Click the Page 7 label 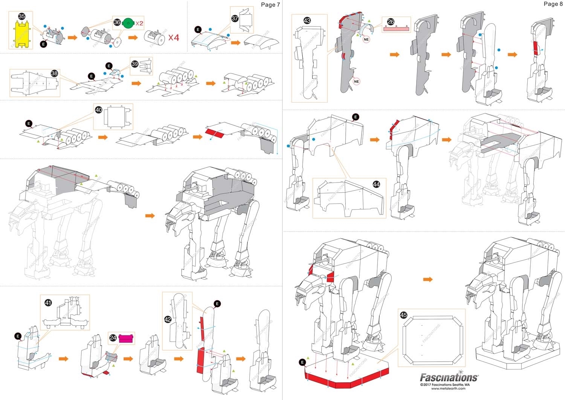click(x=270, y=5)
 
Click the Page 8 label click(x=553, y=4)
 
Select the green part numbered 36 click(x=128, y=23)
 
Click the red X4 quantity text click(x=174, y=38)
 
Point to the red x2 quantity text click(x=139, y=23)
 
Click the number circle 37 click(x=235, y=18)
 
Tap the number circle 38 click(x=54, y=73)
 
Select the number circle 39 click(x=135, y=64)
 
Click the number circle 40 click(x=98, y=110)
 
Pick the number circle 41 click(x=48, y=302)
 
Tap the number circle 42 click(x=168, y=319)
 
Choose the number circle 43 click(x=307, y=21)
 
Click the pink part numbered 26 click(x=396, y=28)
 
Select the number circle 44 click(x=376, y=184)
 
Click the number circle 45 click(x=403, y=315)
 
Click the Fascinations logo click(x=449, y=377)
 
